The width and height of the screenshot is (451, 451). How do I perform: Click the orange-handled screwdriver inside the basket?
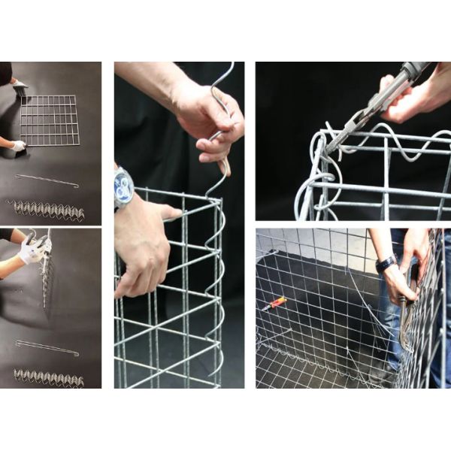click(x=276, y=303)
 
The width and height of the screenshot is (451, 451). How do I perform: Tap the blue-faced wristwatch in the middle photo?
click(x=123, y=186)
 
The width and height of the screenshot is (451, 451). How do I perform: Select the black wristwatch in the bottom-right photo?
click(x=386, y=264)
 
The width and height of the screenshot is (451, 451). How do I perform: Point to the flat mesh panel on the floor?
click(x=48, y=120)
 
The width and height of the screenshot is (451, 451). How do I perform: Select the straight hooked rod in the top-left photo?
click(x=48, y=177)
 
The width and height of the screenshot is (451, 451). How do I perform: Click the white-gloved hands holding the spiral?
click(x=33, y=247)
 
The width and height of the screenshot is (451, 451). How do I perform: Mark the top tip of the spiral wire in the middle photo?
click(x=229, y=66)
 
